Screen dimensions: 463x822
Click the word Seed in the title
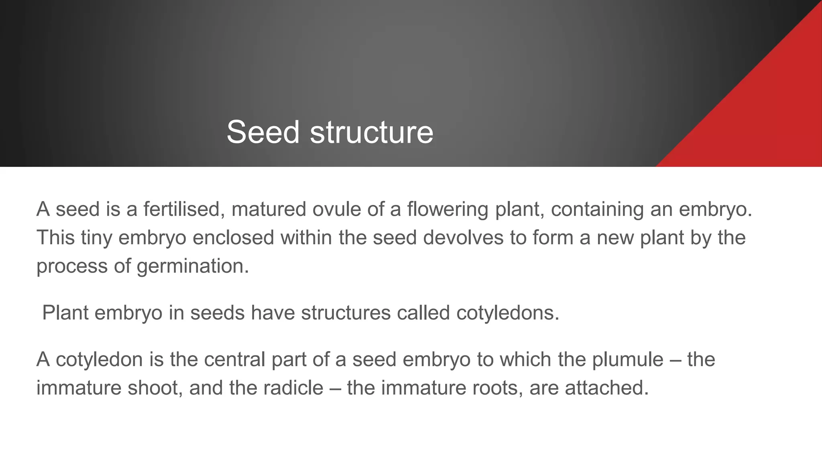[263, 132]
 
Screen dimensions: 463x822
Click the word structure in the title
[371, 132]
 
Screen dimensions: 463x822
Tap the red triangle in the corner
[763, 117]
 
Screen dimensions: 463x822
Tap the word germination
[193, 266]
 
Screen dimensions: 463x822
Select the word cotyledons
[507, 313]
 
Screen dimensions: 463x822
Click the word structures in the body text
[346, 313]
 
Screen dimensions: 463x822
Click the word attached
[606, 388]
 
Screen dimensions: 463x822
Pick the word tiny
[96, 238]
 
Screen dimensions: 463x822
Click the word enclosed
[233, 238]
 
